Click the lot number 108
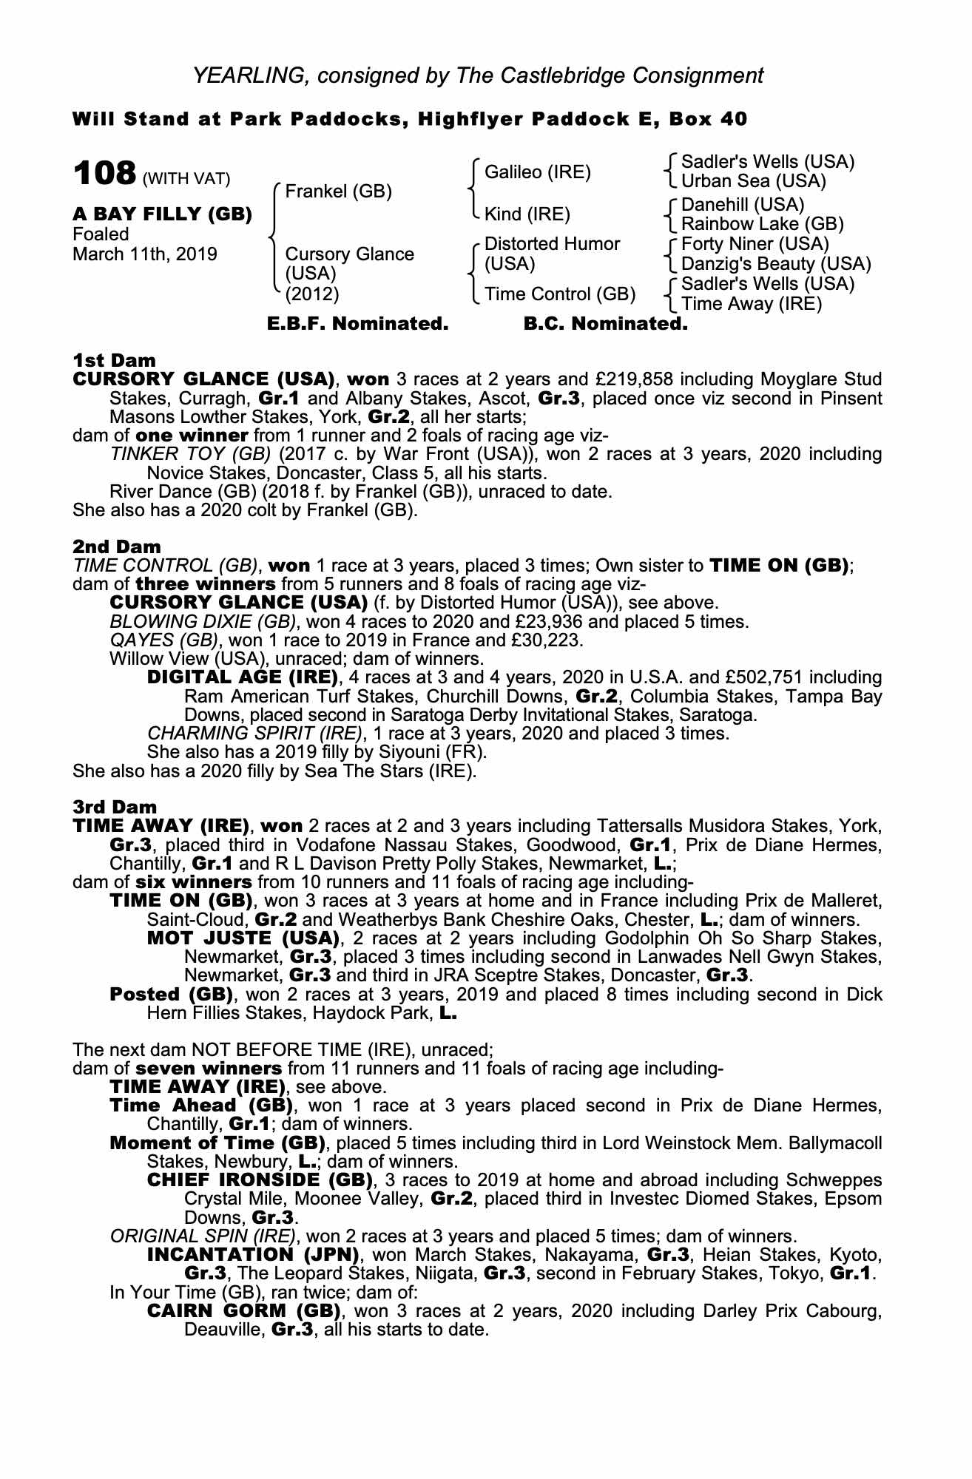(x=104, y=175)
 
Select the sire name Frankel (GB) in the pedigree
(x=338, y=192)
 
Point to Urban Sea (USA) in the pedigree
(x=753, y=181)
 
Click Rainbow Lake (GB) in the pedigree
(x=762, y=223)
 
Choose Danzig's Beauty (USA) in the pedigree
(x=775, y=264)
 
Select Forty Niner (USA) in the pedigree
(x=755, y=244)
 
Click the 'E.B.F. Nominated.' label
(x=357, y=324)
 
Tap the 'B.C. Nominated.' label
(x=605, y=324)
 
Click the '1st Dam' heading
(x=114, y=361)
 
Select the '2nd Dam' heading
(x=116, y=547)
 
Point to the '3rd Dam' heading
(x=115, y=807)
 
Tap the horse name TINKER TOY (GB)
(x=189, y=454)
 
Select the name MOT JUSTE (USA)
(x=243, y=938)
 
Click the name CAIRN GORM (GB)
(x=243, y=1311)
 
